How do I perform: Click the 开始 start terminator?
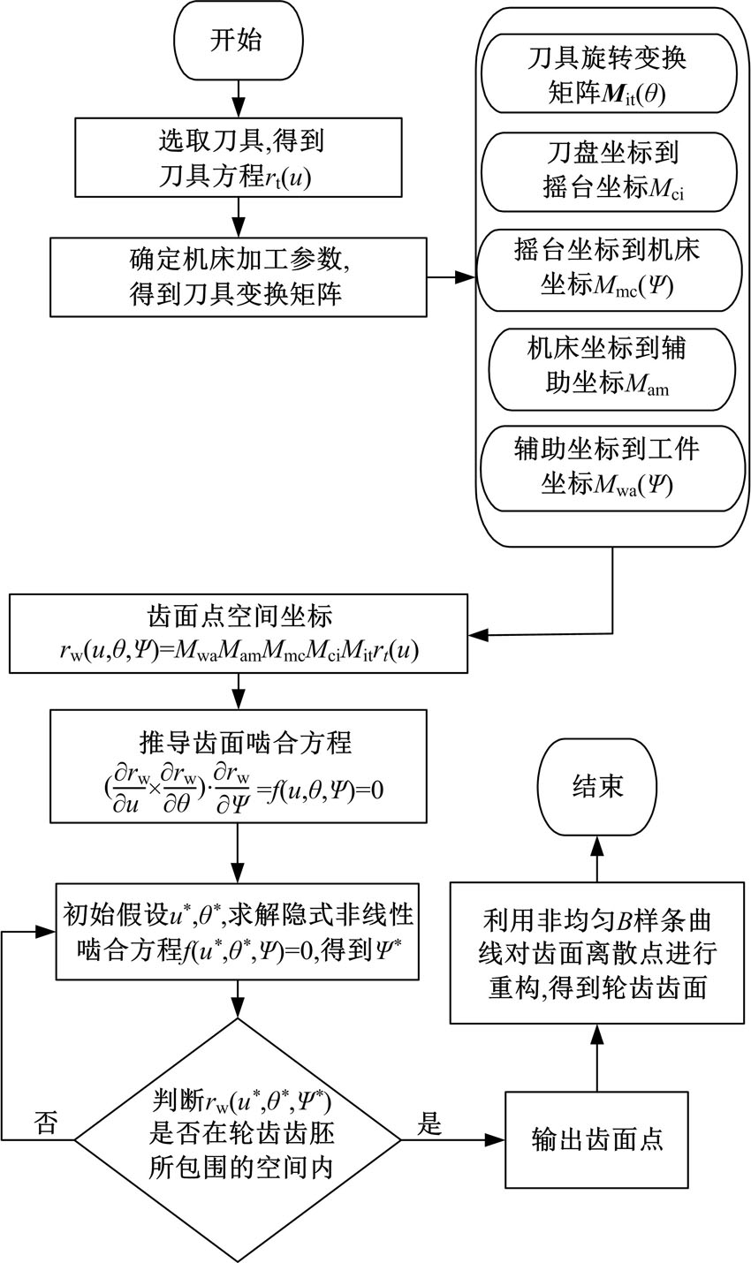(236, 41)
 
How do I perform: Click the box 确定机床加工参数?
(237, 276)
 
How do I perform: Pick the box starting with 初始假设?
(236, 930)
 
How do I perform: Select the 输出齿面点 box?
(597, 1138)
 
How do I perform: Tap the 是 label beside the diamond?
(429, 1123)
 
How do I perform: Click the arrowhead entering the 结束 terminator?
(597, 843)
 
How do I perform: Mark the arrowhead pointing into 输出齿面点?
(497, 1139)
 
